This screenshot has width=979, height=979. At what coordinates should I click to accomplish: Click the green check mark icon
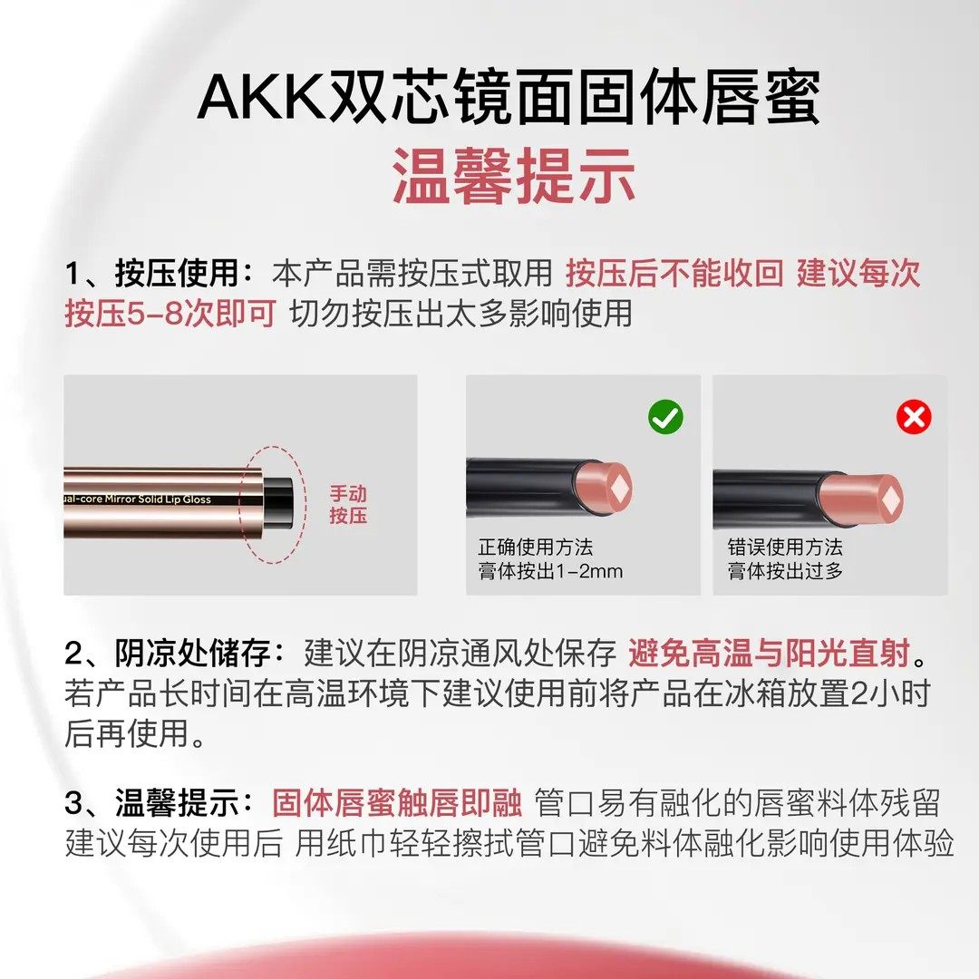pyautogui.click(x=666, y=417)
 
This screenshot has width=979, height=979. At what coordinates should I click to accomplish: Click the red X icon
pyautogui.click(x=913, y=417)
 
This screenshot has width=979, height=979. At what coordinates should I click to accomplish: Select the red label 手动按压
pyautogui.click(x=348, y=506)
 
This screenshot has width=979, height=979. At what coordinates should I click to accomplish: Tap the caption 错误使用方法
pyautogui.click(x=785, y=548)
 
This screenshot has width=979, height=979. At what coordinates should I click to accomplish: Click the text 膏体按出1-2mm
pyautogui.click(x=550, y=572)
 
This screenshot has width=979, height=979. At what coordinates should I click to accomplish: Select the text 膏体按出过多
pyautogui.click(x=785, y=572)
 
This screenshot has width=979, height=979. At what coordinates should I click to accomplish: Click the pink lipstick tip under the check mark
pyautogui.click(x=606, y=486)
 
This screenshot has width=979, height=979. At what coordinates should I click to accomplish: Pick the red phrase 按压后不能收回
pyautogui.click(x=674, y=273)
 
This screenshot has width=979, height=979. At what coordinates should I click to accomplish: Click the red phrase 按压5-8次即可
pyautogui.click(x=170, y=313)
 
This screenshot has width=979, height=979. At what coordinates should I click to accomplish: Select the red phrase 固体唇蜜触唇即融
pyautogui.click(x=397, y=803)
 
